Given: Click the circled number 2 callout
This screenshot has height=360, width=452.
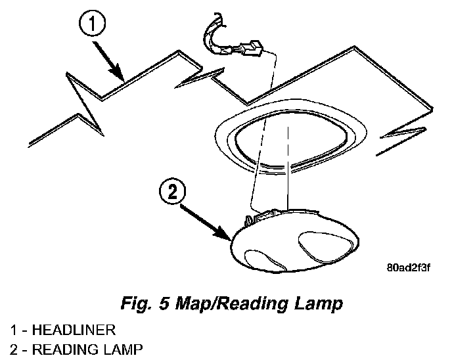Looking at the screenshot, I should [172, 192].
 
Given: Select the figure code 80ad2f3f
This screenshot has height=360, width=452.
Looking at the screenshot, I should [407, 269].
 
